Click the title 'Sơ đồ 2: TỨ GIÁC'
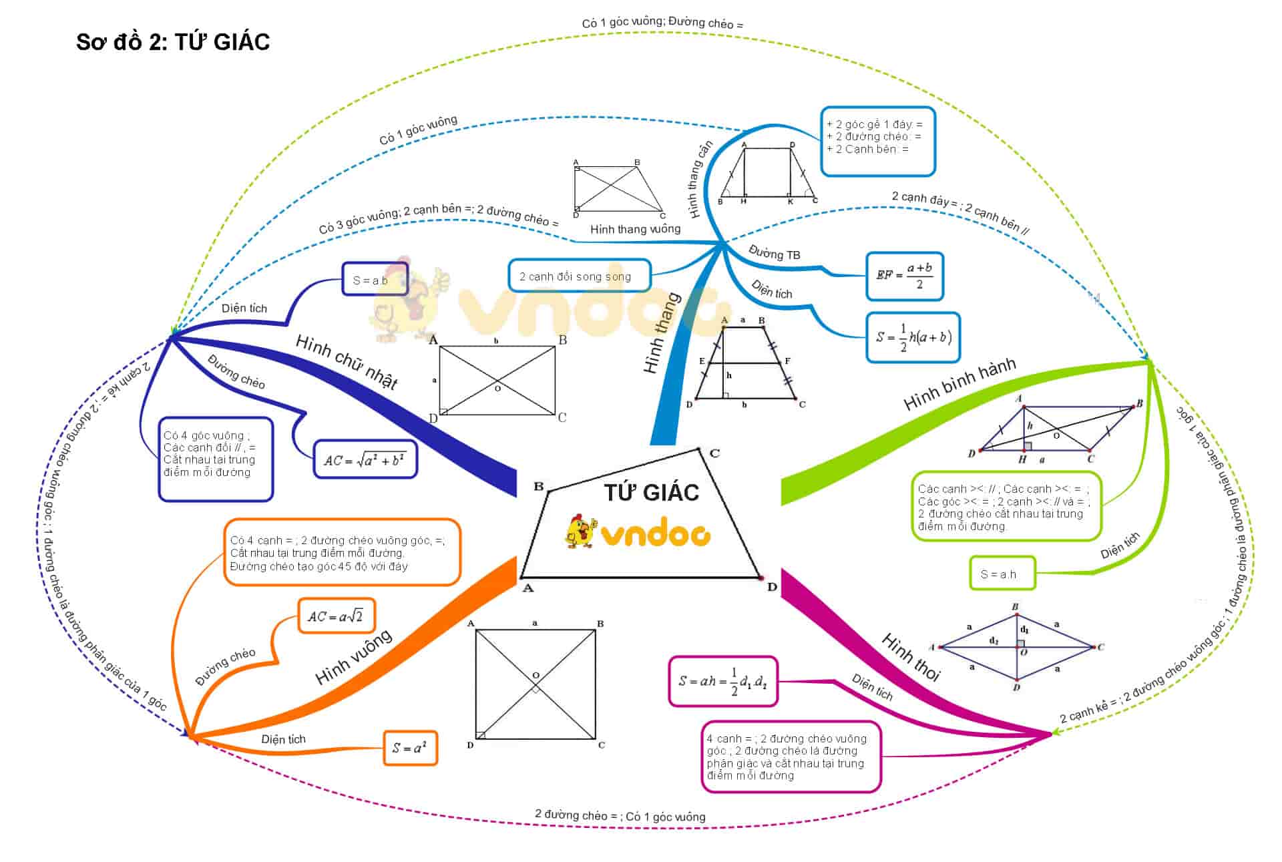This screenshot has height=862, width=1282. point(173,42)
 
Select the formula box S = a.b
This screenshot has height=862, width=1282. point(375,279)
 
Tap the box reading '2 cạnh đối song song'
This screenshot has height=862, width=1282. point(578,276)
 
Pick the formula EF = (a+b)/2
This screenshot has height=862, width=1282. point(904,276)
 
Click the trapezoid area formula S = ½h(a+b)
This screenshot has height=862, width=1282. point(913,337)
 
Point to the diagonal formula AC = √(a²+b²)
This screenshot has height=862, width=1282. point(365,459)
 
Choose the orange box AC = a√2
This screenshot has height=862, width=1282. point(336,616)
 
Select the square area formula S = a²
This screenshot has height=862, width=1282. point(410,748)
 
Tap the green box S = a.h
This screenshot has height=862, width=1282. point(1002,574)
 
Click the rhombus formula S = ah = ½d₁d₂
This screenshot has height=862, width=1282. point(723,681)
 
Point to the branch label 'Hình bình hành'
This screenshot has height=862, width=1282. point(959,383)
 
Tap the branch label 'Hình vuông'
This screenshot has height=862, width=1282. point(353,657)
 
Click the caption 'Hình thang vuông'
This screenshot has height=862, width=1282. point(635,229)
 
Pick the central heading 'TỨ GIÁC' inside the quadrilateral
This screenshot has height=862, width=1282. point(651,492)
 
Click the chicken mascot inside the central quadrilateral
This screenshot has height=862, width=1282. point(580,531)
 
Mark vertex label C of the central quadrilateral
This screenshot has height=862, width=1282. point(714,453)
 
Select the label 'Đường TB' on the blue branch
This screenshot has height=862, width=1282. point(775,253)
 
